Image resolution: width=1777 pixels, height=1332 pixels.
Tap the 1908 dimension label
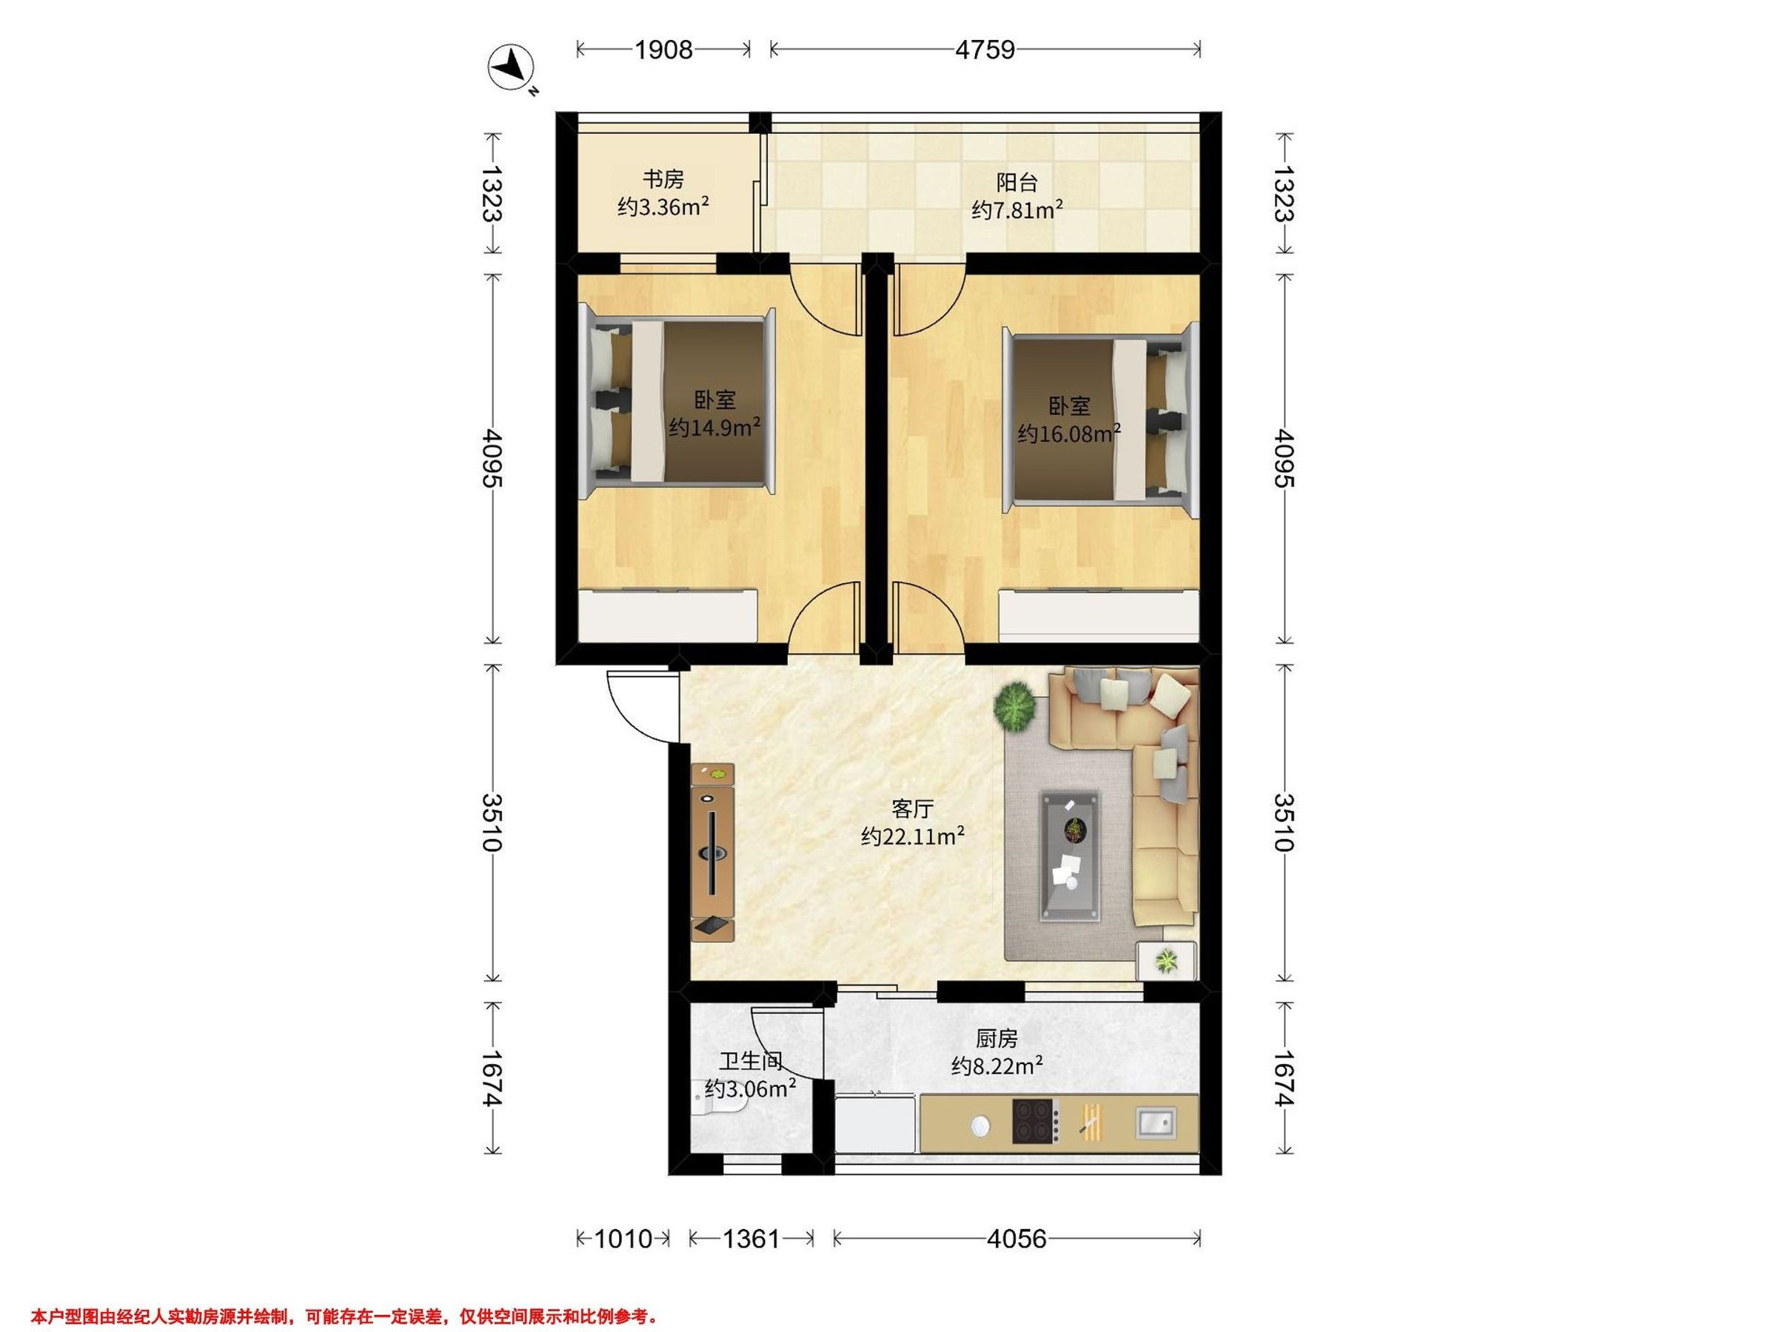tap(663, 50)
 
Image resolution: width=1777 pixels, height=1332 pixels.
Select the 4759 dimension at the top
tap(985, 50)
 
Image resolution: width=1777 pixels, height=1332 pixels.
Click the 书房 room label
tap(663, 178)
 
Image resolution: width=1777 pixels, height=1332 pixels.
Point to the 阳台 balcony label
tap(1017, 182)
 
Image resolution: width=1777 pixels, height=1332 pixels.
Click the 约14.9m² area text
tap(715, 426)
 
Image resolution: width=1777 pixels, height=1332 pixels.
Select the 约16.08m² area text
tap(1069, 434)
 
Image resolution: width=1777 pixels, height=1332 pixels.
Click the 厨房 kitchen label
tap(997, 1039)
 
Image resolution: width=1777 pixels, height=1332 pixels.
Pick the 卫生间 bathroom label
tap(750, 1061)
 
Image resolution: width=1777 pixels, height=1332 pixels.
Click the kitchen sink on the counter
tap(1157, 1122)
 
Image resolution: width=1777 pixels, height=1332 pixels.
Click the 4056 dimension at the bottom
tap(1017, 1239)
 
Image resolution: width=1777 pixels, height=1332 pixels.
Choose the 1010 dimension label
tap(623, 1239)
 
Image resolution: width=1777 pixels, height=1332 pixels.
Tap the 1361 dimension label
tap(751, 1239)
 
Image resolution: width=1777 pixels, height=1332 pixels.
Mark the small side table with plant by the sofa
tap(1166, 961)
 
